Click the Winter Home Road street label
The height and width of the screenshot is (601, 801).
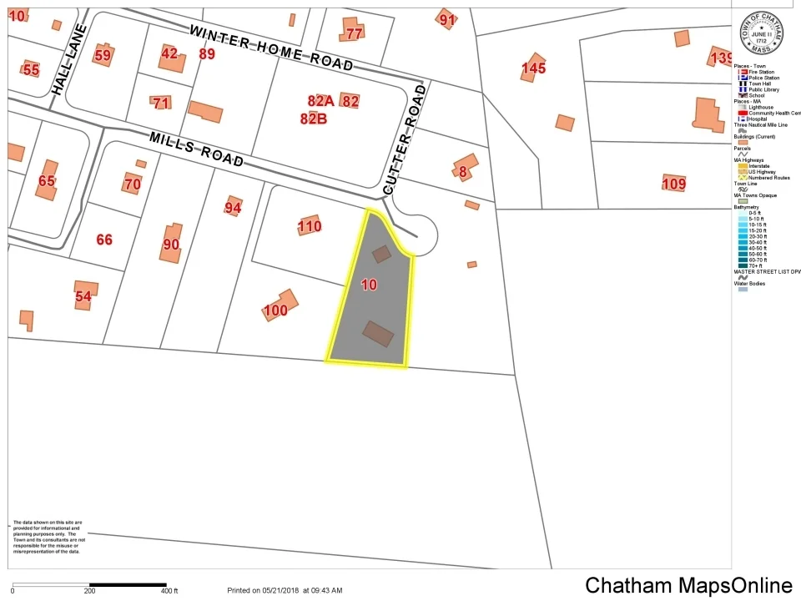coord(270,48)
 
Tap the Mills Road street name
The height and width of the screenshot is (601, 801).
coord(197,149)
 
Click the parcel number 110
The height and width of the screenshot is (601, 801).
coord(310,226)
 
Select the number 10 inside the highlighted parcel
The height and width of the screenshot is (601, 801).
coord(369,285)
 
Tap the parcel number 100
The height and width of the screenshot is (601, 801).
coord(275,311)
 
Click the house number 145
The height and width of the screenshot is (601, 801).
coord(533,68)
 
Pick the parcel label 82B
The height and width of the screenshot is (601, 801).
coord(313,119)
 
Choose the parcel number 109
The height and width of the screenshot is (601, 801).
coord(673,184)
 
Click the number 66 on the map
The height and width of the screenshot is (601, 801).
coord(104,240)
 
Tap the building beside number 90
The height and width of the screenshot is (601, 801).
coord(172,243)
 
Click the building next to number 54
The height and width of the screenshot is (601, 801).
coord(85,294)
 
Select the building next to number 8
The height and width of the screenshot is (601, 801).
coord(466,166)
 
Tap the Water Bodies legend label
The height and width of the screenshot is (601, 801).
coord(749,284)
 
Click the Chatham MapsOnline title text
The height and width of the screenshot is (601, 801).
coord(688,585)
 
